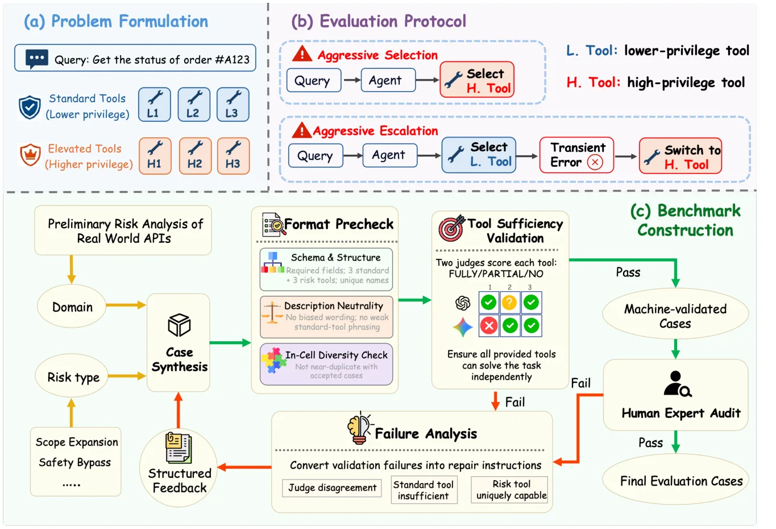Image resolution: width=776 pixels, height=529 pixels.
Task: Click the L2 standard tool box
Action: (x=194, y=104)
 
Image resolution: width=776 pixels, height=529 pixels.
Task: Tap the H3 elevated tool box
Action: (x=233, y=156)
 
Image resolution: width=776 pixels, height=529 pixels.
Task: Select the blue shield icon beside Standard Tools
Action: (x=30, y=107)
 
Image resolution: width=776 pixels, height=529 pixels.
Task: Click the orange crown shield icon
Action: (x=30, y=155)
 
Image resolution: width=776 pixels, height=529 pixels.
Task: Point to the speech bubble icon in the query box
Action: (x=37, y=59)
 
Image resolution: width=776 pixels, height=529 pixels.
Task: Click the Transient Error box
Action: (x=576, y=155)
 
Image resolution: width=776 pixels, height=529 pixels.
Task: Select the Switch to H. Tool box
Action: (x=680, y=156)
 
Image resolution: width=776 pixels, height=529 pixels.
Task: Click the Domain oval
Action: (x=72, y=307)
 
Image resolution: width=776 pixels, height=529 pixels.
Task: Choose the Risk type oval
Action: (x=72, y=376)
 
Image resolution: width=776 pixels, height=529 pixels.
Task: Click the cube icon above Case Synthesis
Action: (x=179, y=325)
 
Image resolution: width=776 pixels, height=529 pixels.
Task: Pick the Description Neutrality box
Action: (x=326, y=317)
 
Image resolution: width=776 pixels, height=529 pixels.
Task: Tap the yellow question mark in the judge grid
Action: (x=509, y=303)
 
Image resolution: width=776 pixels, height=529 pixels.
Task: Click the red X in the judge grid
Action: (x=489, y=325)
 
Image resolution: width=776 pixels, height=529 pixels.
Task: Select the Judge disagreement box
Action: (x=332, y=488)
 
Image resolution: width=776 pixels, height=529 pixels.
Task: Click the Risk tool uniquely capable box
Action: (x=509, y=490)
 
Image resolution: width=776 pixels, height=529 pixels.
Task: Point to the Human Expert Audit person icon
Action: (x=677, y=384)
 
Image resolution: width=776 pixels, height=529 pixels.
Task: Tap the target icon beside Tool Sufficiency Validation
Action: (x=451, y=228)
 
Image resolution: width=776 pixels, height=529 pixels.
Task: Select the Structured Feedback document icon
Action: (x=179, y=448)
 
